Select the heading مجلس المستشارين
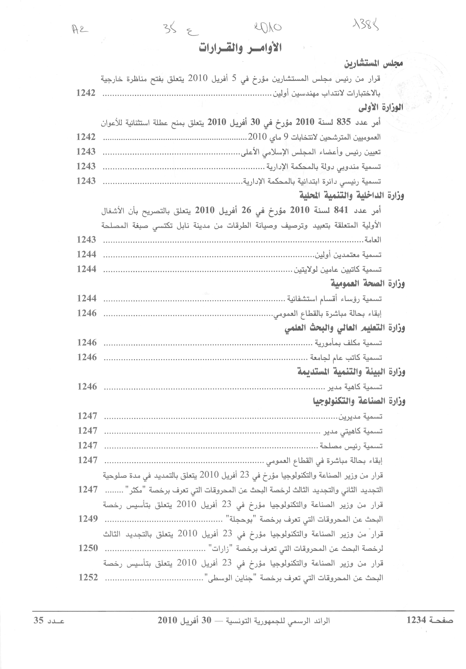(x=373, y=64)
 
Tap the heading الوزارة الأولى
(x=381, y=108)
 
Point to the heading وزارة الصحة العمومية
(x=368, y=283)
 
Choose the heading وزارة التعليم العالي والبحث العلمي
(x=345, y=328)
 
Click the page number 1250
(x=88, y=548)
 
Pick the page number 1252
(x=88, y=577)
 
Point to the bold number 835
(x=344, y=122)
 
